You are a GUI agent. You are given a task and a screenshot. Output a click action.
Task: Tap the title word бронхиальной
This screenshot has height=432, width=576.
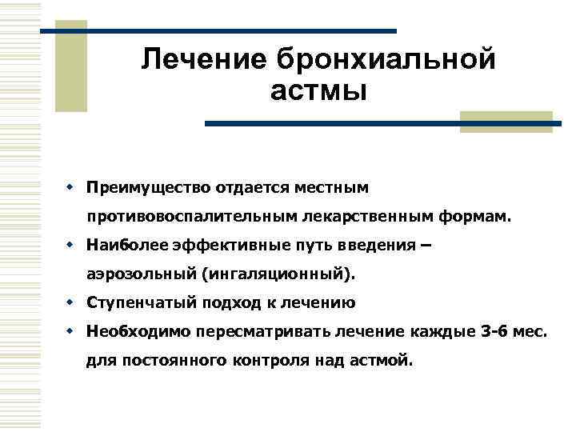coord(386,59)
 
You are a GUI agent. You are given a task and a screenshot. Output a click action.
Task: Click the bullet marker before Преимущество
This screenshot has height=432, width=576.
coord(70,186)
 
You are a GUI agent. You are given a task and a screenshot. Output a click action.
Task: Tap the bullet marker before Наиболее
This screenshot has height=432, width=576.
coord(70,245)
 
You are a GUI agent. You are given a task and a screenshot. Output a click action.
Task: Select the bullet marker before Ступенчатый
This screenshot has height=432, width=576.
coord(70,303)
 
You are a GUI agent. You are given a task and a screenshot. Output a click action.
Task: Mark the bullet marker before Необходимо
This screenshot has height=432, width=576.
coord(70,330)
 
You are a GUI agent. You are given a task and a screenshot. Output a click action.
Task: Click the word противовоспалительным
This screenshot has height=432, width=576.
coord(193,216)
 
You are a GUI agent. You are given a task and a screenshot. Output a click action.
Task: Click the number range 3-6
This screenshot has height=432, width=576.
coord(491,331)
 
